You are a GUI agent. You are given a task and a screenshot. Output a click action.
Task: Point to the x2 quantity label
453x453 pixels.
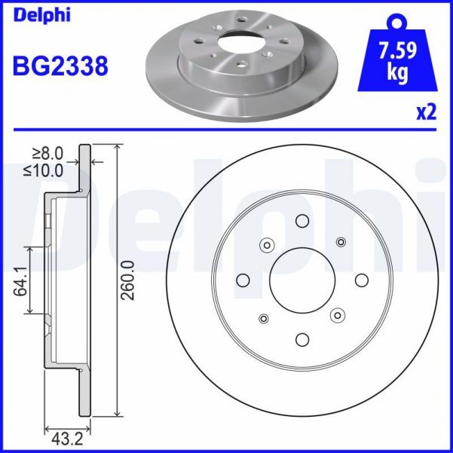coord(426,112)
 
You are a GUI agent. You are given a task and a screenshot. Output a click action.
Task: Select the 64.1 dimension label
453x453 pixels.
coord(20,280)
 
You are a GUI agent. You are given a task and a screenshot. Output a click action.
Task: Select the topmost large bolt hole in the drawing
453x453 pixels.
coord(302,222)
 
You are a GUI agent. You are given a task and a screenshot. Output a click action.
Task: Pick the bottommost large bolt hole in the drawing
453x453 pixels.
coord(301,339)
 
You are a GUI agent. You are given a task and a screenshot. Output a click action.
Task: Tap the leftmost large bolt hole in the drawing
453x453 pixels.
coord(243,280)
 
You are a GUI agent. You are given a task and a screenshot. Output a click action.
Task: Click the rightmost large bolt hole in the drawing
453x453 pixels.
coord(360,280)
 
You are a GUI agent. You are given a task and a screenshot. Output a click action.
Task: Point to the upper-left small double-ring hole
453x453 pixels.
coord(265,245)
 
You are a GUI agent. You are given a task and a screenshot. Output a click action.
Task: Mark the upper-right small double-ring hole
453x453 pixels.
coord(341,242)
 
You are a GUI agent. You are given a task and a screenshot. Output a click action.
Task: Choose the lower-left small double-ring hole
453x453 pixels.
coord(263,318)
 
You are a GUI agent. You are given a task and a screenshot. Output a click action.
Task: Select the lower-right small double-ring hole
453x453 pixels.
coord(338,315)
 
